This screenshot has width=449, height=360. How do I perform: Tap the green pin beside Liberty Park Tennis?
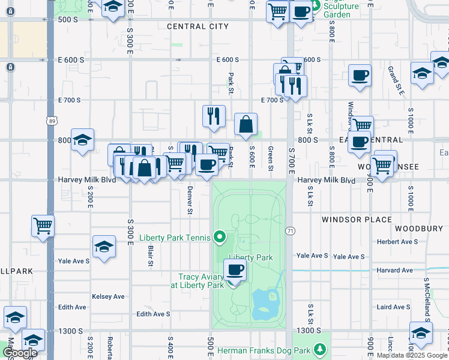point(220,238)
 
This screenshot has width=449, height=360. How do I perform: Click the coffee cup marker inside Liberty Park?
point(235,270)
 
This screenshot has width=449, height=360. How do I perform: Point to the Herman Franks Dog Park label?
point(266,349)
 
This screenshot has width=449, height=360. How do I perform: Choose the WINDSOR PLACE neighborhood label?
point(357,220)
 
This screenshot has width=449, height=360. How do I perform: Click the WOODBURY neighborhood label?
point(419,229)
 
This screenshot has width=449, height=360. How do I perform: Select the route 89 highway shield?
point(52,121)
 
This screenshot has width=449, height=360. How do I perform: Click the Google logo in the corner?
point(20,353)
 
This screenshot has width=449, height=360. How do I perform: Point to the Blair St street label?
point(150,254)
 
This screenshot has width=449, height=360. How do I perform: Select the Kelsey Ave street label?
point(108,296)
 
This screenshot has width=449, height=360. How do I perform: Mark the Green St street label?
point(271,158)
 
